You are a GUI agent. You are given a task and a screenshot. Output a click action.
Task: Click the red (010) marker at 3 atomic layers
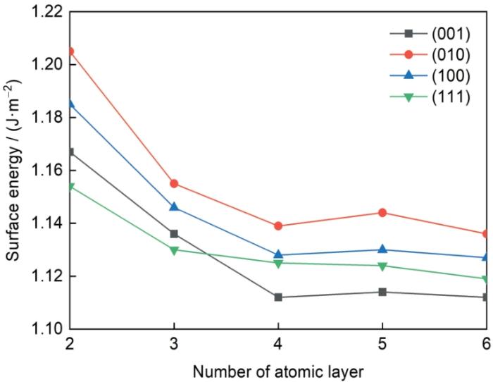174,183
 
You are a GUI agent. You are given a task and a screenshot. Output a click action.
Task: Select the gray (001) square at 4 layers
278,297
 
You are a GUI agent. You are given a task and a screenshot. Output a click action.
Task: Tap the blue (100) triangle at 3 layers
174,207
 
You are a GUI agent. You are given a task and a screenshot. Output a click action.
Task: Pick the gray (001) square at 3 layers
174,233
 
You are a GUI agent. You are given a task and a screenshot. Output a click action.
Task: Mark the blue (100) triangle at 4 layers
278,254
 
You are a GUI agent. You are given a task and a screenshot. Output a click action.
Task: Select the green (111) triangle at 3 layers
174,249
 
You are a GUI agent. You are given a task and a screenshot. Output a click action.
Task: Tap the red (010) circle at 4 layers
278,226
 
